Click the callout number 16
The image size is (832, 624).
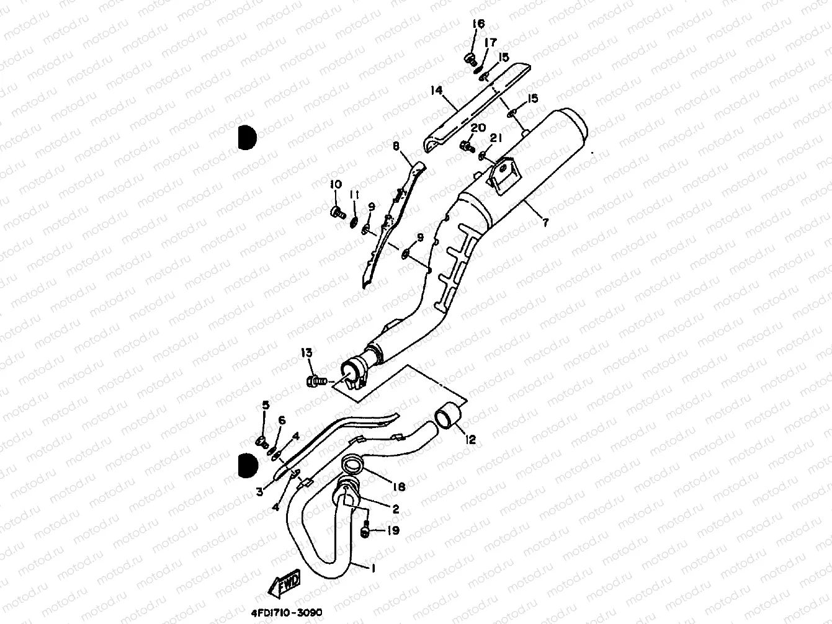coord(478,24)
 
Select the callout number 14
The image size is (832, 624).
coord(436,91)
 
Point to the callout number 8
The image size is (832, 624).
coord(395,146)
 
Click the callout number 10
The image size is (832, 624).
coord(336,184)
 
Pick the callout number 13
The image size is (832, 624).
coord(306,353)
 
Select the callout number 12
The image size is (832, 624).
coord(470,439)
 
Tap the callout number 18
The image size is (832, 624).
coord(400,487)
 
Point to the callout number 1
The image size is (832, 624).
coord(373,566)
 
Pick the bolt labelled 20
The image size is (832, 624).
coord(465,147)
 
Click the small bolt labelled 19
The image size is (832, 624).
coord(366,530)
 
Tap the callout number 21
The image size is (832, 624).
coord(494,137)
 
